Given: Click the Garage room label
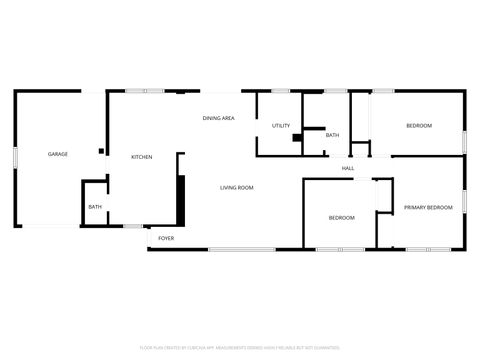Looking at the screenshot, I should [x=58, y=155].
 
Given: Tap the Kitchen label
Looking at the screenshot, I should [x=141, y=157].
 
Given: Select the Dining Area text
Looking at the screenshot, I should [x=218, y=119].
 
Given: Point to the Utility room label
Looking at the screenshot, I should [x=281, y=126].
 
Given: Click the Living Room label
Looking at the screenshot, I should [x=236, y=188].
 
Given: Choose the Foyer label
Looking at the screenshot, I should [x=166, y=239].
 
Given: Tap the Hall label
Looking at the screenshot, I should [x=348, y=168].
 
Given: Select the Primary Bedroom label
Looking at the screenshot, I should [x=428, y=207].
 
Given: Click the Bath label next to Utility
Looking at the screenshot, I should [x=332, y=135].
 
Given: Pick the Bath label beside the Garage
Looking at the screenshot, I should [x=95, y=207].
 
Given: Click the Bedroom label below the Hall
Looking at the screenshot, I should [x=341, y=217].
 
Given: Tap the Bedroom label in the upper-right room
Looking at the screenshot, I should [x=418, y=125].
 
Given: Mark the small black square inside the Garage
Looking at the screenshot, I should [x=101, y=151].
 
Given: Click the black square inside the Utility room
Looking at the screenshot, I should [x=296, y=138].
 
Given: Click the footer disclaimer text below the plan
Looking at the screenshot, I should [x=239, y=348].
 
